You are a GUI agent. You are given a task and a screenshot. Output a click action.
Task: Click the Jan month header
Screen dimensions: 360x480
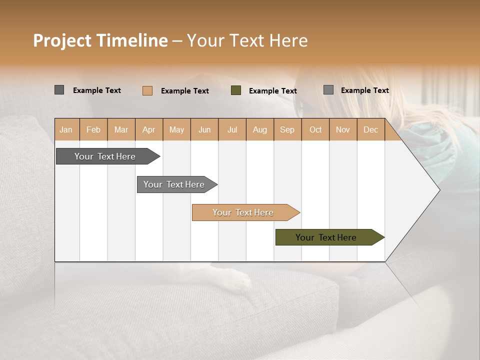[x=66, y=129]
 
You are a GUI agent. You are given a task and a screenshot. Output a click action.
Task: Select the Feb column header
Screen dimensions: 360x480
[x=93, y=129]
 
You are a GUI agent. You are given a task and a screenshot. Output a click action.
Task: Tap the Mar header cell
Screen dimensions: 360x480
[x=121, y=129]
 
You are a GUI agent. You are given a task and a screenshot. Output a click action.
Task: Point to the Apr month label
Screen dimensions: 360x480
[x=149, y=129]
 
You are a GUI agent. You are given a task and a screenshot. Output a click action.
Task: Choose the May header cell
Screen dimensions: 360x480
[x=176, y=129]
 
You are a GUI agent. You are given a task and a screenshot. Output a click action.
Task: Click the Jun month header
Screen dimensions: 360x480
[x=204, y=129]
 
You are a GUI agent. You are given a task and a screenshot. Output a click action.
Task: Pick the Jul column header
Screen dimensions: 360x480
[x=232, y=129]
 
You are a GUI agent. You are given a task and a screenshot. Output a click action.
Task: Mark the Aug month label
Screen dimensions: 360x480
[x=260, y=129]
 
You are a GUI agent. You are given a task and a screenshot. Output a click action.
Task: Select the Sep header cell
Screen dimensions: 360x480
[x=287, y=129]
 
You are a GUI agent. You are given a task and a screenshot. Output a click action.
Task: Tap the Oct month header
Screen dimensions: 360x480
[x=315, y=129]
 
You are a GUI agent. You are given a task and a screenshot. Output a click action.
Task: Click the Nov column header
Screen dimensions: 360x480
[x=343, y=129]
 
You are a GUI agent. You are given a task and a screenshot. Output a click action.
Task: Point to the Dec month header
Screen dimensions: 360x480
[x=371, y=129]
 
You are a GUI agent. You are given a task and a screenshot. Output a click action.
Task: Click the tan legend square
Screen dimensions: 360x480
[x=147, y=90]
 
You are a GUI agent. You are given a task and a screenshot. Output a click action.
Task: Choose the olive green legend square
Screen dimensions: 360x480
[x=236, y=90]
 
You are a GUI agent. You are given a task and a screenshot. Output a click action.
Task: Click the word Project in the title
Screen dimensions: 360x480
[x=62, y=40]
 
